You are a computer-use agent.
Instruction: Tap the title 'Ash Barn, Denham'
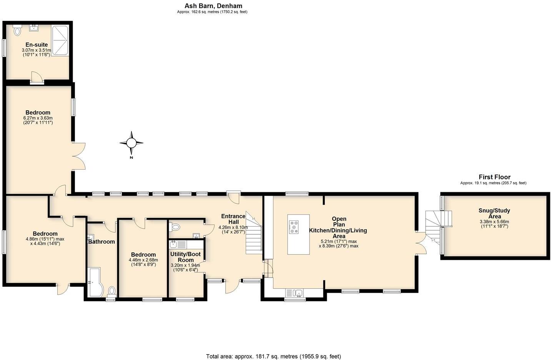coord(213,6)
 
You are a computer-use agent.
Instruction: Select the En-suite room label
coord(37,45)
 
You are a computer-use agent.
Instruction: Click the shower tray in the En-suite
coord(60,40)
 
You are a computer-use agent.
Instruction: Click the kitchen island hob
coord(294,227)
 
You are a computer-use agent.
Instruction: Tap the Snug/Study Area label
coord(494,213)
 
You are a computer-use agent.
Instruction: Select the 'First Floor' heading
coord(494,177)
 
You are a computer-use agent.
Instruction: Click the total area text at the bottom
coord(273,356)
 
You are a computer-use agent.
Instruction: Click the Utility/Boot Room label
coord(185,257)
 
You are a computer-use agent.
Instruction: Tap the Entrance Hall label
coord(233,219)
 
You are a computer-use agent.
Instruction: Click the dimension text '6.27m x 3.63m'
coord(38,118)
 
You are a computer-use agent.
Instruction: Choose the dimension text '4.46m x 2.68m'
coord(143,260)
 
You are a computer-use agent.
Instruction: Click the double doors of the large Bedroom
coord(79,156)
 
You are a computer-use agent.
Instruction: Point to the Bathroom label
coord(102,242)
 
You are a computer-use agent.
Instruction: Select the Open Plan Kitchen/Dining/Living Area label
coord(338,227)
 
